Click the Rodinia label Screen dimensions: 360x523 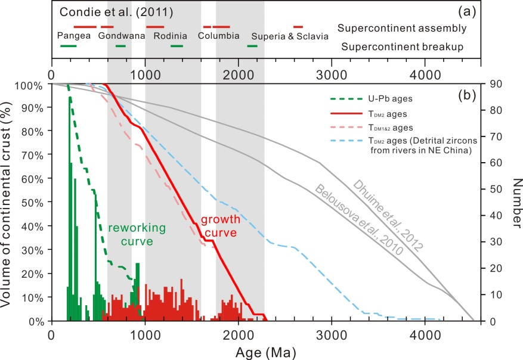[170, 36]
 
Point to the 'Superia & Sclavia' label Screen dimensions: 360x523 [289, 36]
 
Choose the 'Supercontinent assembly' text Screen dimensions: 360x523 [401, 28]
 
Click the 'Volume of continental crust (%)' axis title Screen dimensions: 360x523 [8, 203]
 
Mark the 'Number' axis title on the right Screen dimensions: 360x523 [514, 203]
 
